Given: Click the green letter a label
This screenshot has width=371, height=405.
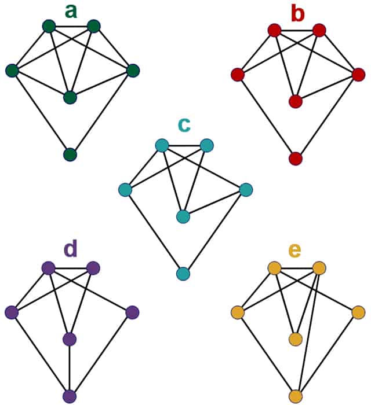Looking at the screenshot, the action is (x=70, y=11).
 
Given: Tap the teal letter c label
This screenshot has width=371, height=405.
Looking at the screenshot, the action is (x=184, y=124).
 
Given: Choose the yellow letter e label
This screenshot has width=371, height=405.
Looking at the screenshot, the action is (x=295, y=250).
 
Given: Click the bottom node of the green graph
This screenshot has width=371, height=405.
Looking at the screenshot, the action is (x=70, y=154).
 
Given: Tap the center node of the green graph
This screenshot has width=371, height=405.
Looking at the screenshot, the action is (x=70, y=97).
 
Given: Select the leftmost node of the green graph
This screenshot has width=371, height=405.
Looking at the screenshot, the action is (x=12, y=71).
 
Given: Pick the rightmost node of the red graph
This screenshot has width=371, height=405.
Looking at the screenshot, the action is (x=358, y=75).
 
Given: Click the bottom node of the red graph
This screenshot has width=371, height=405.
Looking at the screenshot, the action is (x=296, y=159).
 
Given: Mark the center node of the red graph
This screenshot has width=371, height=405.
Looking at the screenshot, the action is (x=296, y=101).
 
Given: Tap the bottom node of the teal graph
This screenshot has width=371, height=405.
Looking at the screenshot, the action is (x=183, y=274).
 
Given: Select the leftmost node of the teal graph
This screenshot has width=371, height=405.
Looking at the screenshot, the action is (x=125, y=189).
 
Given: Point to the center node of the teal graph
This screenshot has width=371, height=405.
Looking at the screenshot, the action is (x=183, y=216).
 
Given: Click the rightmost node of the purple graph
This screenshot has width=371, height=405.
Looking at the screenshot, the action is (x=132, y=312).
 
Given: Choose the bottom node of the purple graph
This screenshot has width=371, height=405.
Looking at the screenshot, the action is (x=70, y=396).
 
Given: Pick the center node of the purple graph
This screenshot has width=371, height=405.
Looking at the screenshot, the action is (x=70, y=339).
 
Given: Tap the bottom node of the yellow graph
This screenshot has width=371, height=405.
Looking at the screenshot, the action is (x=296, y=396).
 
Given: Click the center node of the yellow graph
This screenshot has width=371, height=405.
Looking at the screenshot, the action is (x=296, y=339).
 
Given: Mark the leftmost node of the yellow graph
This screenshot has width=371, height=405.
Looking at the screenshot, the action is (x=237, y=313).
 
